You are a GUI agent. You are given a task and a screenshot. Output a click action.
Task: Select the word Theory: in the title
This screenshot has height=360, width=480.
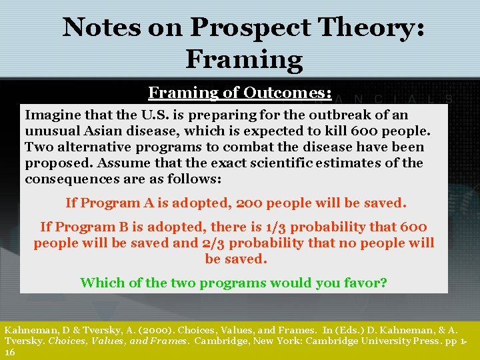377,27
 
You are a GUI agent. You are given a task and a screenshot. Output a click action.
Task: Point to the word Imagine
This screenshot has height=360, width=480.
53,115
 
